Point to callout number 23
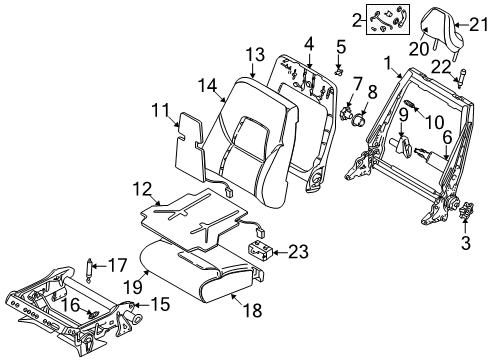tap(298, 252)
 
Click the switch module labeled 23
tap(262, 250)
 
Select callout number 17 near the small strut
tap(119, 267)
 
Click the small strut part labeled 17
tap(93, 268)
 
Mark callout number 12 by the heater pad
tap(141, 187)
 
